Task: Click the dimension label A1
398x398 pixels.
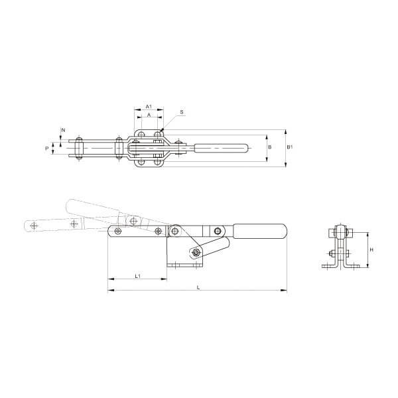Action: [x=149, y=106]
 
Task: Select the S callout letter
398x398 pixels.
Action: [x=182, y=113]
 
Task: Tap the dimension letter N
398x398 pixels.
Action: [x=64, y=129]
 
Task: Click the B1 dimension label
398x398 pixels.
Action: [x=289, y=147]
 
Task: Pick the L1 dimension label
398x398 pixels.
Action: [x=137, y=275]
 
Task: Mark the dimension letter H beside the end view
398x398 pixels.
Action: [x=371, y=249]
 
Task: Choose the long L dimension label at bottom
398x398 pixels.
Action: [x=198, y=287]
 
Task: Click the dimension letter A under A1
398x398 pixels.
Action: [x=149, y=115]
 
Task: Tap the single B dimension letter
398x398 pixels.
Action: [x=269, y=147]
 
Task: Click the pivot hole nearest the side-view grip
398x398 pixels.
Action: [x=216, y=230]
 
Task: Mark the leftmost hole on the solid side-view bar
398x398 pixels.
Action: [x=118, y=231]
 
